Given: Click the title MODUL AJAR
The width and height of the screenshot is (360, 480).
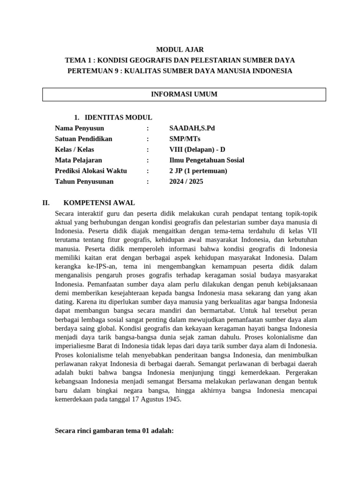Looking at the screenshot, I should (x=180, y=49).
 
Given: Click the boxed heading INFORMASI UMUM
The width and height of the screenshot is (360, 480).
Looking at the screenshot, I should (x=184, y=94).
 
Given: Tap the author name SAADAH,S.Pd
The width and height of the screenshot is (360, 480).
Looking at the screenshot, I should (x=192, y=128).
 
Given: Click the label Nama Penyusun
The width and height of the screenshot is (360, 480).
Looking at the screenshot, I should (x=80, y=128).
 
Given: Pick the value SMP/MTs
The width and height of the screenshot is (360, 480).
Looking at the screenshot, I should (x=185, y=139).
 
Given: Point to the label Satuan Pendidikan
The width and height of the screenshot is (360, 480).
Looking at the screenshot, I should (x=83, y=139).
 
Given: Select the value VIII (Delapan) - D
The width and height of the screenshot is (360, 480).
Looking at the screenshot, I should (x=197, y=150).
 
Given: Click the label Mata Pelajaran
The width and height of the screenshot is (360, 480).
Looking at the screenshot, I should (x=78, y=160).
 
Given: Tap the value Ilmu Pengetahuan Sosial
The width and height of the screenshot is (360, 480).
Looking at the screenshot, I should (x=207, y=160).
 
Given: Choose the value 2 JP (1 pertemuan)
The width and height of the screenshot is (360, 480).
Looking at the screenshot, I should (x=198, y=171).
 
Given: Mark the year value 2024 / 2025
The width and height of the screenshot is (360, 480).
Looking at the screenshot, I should (x=186, y=182).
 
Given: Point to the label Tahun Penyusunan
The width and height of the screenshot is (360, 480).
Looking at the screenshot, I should (x=84, y=182).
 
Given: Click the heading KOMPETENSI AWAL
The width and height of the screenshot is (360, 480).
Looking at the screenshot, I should (x=99, y=203).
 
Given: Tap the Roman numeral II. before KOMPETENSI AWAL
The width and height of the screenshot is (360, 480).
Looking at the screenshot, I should (x=46, y=203).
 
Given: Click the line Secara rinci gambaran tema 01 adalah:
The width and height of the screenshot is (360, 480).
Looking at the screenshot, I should (x=114, y=430).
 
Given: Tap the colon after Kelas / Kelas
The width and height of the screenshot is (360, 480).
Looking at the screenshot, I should (x=148, y=150).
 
